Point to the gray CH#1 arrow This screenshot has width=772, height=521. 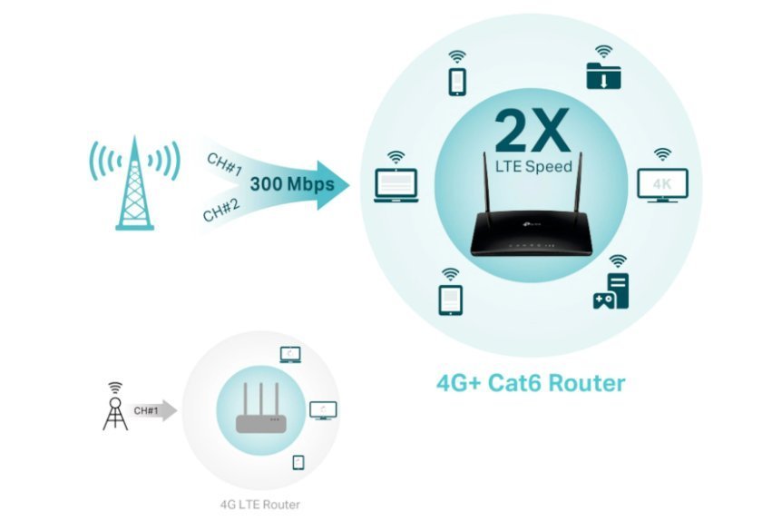[151, 410]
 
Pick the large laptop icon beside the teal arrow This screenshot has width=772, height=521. [396, 184]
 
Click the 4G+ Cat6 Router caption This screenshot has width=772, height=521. [531, 382]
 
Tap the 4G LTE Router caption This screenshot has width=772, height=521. [259, 504]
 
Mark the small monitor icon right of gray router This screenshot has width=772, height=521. [323, 409]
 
